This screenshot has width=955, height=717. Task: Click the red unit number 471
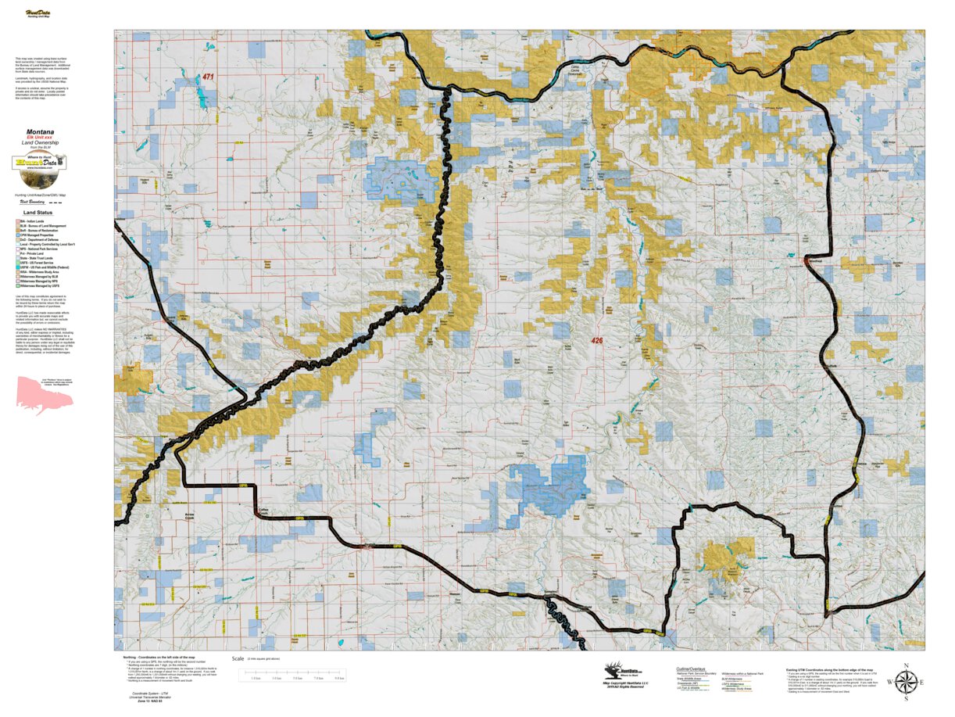[207, 77]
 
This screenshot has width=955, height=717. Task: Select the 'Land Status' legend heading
[38, 212]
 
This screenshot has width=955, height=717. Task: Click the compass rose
[905, 683]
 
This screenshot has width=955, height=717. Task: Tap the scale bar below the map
[295, 677]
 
